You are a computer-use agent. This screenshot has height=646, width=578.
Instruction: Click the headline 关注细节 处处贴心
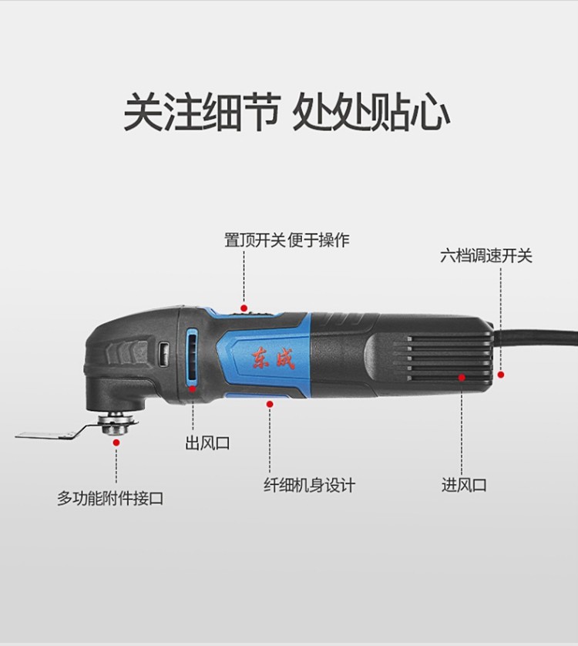point(287,112)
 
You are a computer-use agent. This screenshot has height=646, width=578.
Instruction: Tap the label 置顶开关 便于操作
point(287,240)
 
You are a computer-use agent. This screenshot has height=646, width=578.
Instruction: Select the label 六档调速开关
point(486,255)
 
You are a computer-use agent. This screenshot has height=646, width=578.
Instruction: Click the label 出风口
point(207,443)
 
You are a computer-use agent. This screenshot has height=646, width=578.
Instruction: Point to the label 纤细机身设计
point(309,485)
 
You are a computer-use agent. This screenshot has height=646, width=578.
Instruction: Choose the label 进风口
point(464,484)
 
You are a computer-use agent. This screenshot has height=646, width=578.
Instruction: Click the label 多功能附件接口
point(110,498)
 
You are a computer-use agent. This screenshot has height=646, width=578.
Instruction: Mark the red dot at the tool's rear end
point(501,375)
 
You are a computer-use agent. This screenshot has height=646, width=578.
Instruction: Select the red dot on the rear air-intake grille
point(462,377)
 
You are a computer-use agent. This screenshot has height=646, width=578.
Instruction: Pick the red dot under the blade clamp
point(116,442)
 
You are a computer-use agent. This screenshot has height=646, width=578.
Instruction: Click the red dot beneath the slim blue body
point(270,405)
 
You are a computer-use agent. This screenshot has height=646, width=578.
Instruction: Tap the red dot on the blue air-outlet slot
point(193,389)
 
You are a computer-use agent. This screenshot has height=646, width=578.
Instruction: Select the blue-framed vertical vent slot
point(193,356)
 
